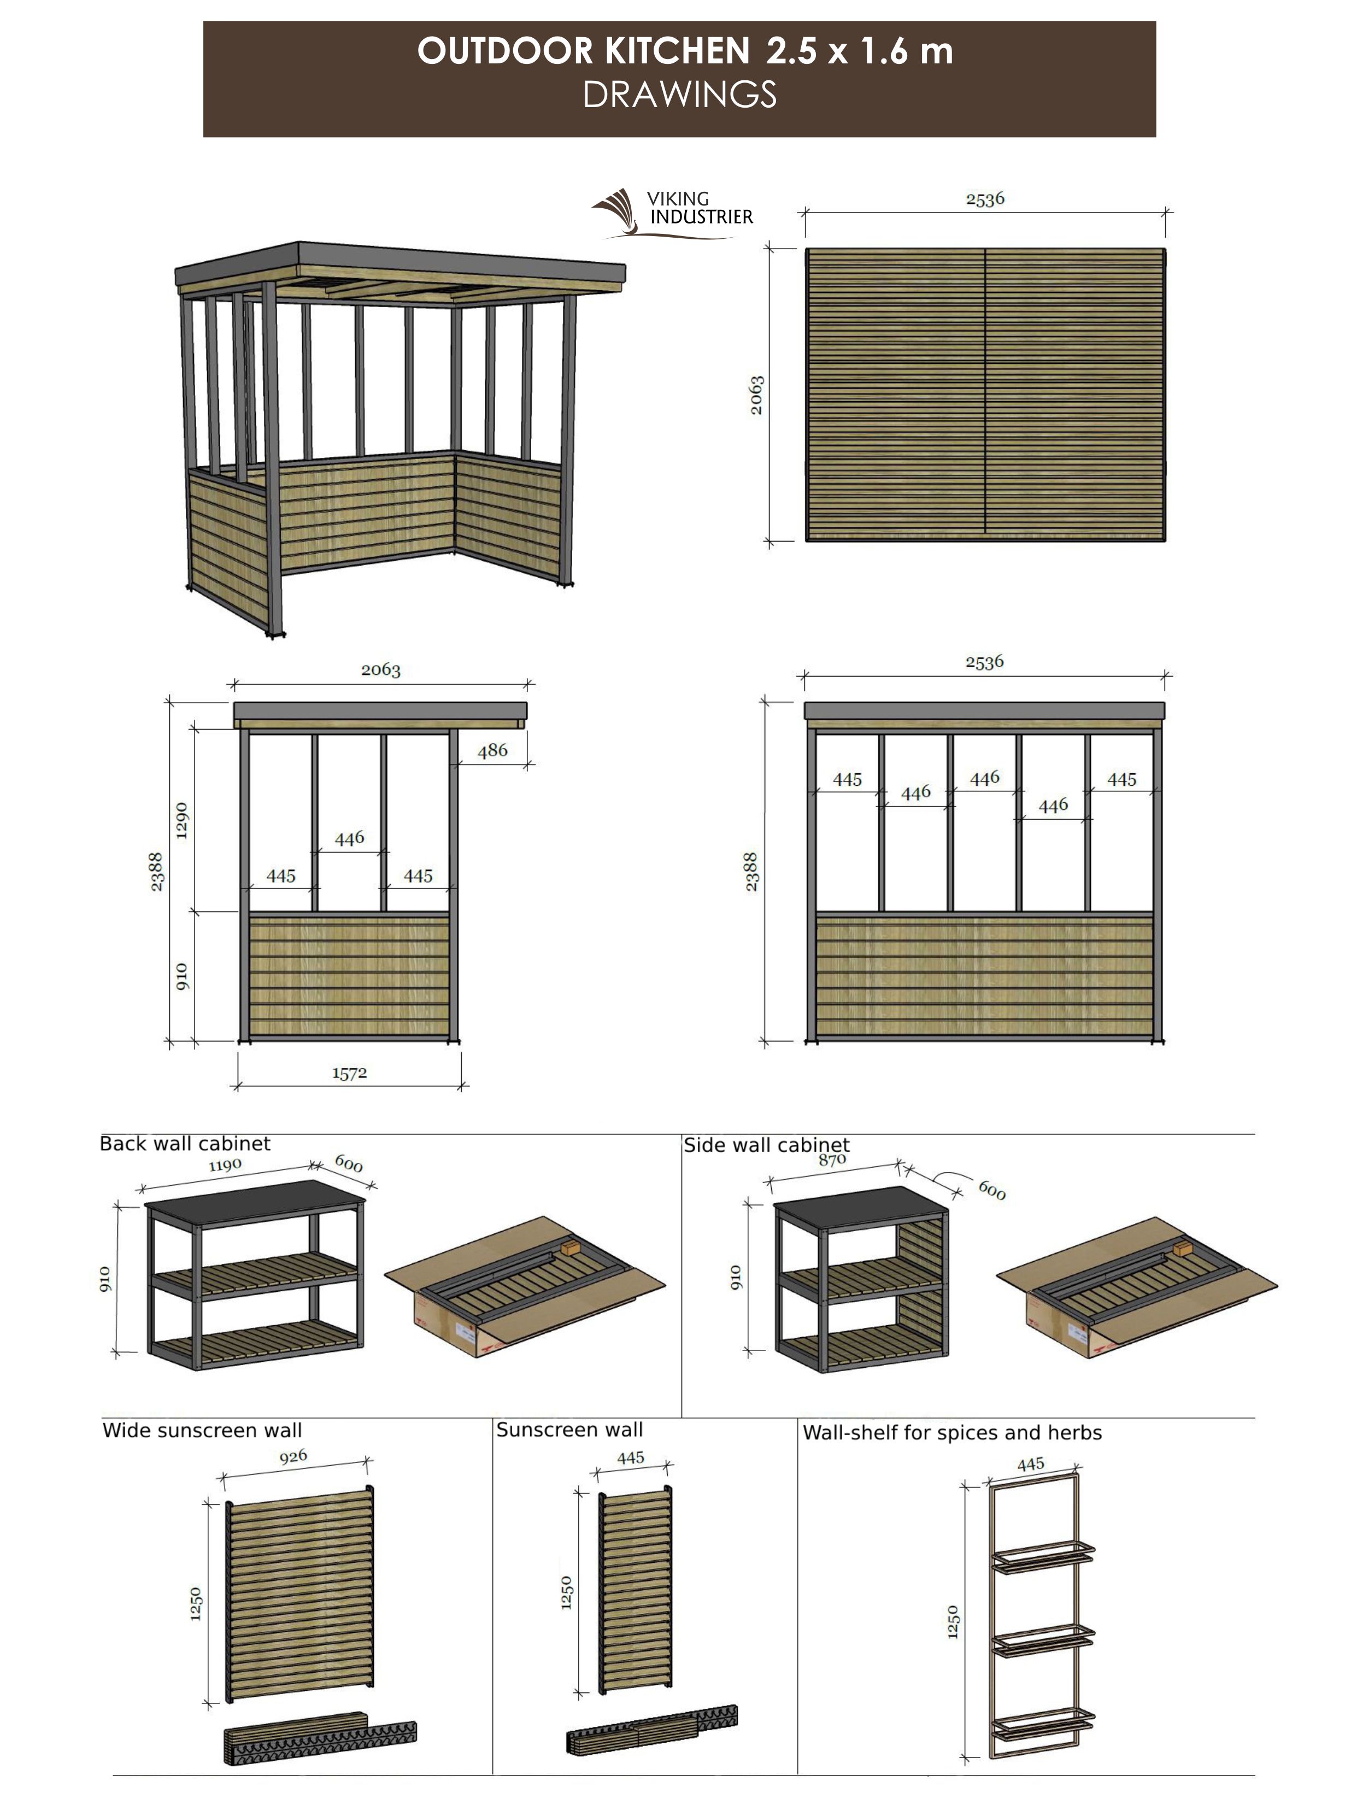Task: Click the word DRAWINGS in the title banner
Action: pos(679,95)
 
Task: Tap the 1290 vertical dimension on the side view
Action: pos(182,820)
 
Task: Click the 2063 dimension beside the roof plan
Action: pos(756,395)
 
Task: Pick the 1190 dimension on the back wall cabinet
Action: pos(225,1165)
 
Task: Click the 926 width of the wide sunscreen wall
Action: pos(292,1456)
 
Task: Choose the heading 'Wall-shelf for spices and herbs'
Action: pos(951,1433)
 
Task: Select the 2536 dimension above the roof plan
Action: pos(984,199)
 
